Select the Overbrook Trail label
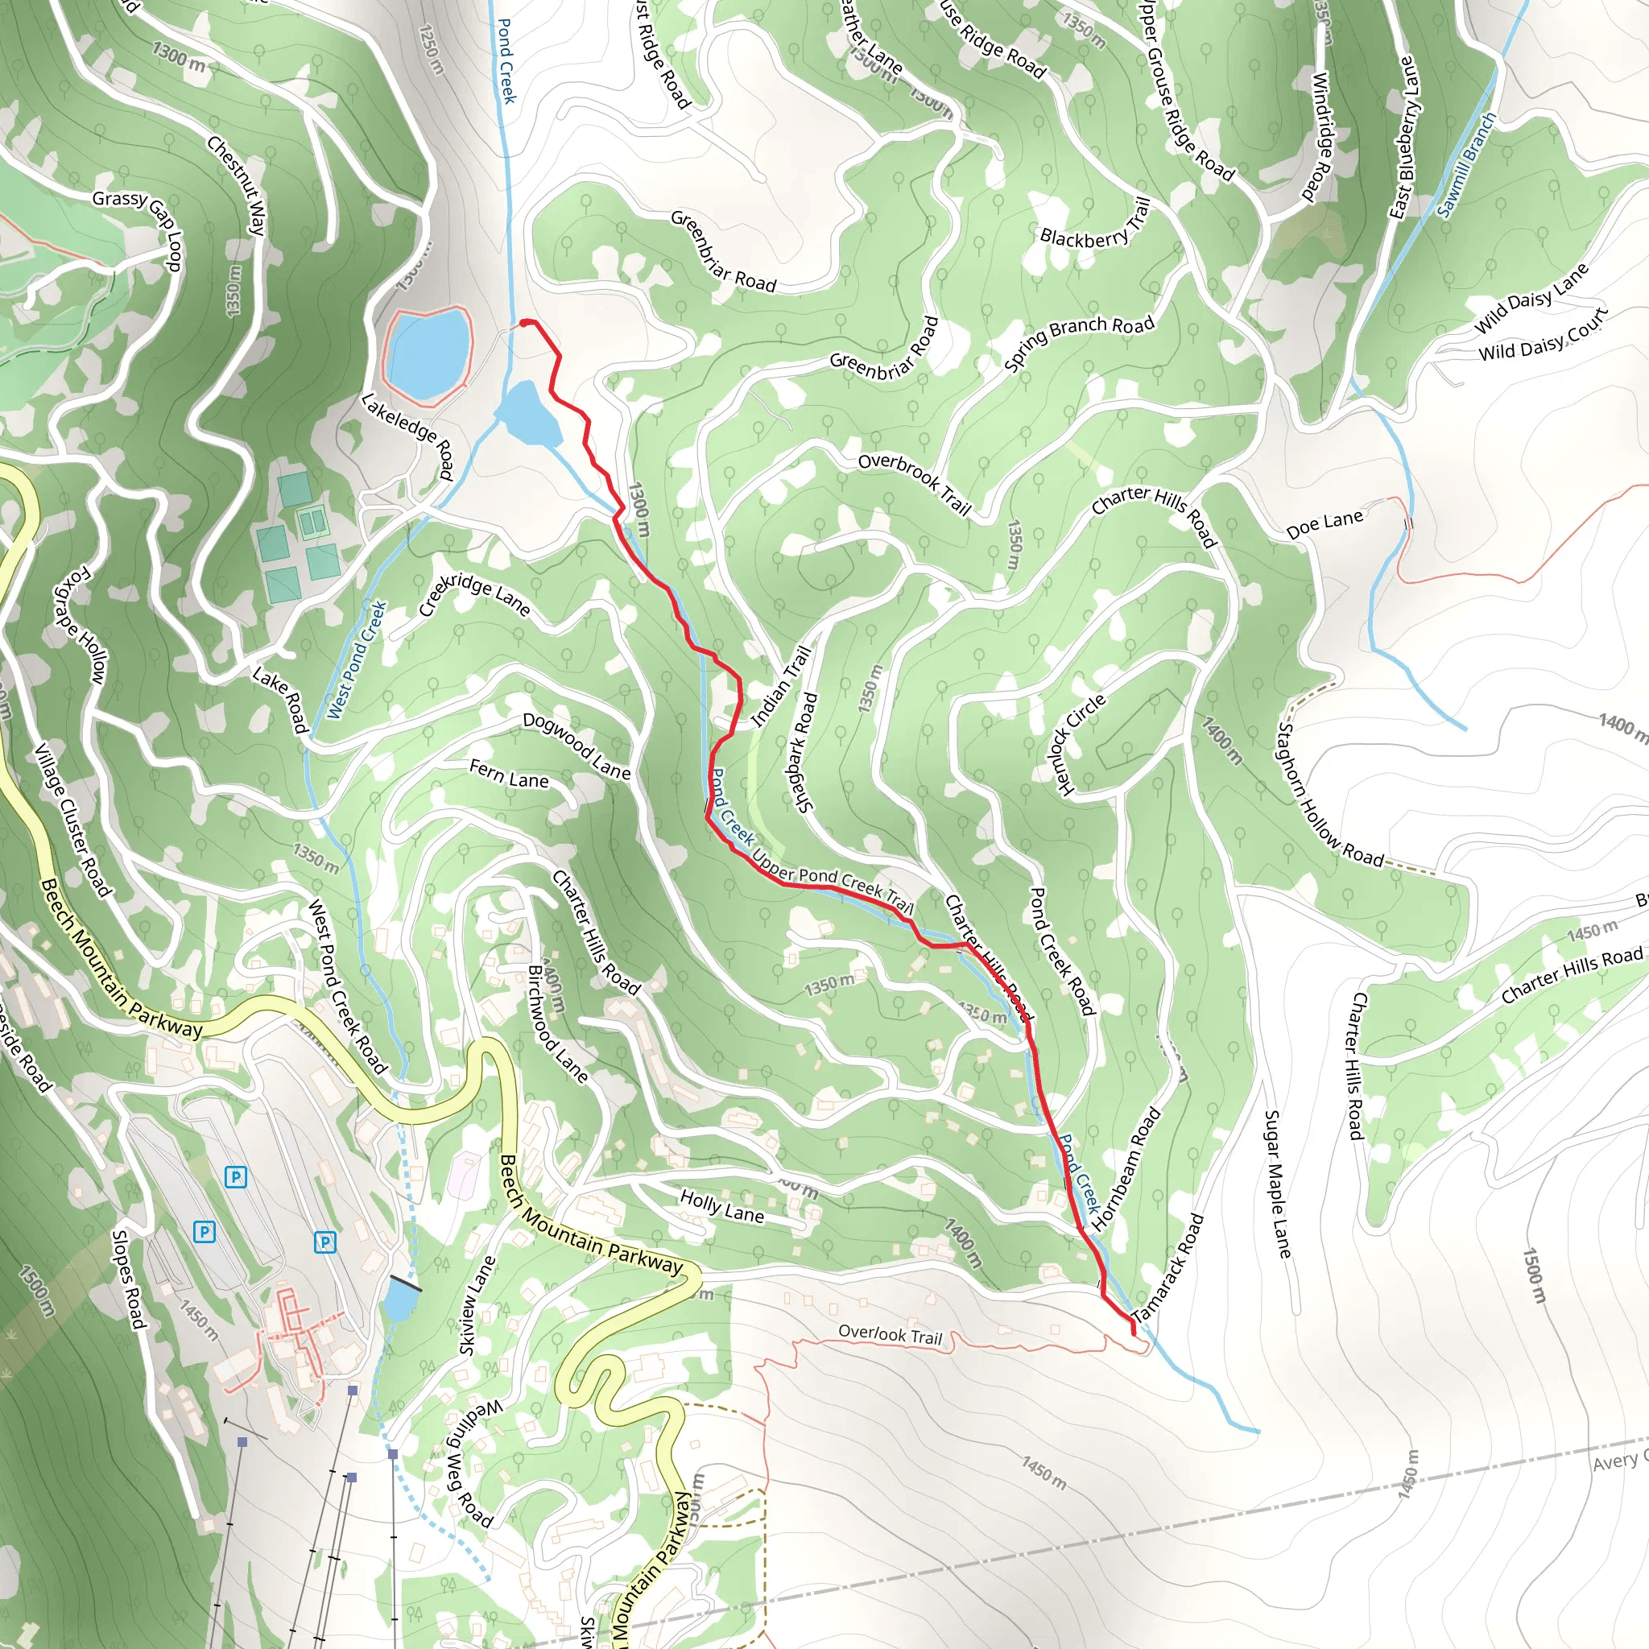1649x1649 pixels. pos(915,484)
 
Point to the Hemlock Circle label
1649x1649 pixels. pos(1081,744)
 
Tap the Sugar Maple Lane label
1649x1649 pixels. pos(1277,1184)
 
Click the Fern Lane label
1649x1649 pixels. pos(509,774)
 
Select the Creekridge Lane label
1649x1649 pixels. pos(474,595)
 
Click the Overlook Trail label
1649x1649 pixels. pos(890,1334)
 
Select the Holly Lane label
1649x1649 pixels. pos(722,1207)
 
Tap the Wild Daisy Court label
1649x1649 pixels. pos(1542,336)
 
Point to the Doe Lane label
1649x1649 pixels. pos(1324,524)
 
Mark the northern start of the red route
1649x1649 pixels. pos(523,323)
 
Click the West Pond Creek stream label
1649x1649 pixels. pos(356,659)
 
